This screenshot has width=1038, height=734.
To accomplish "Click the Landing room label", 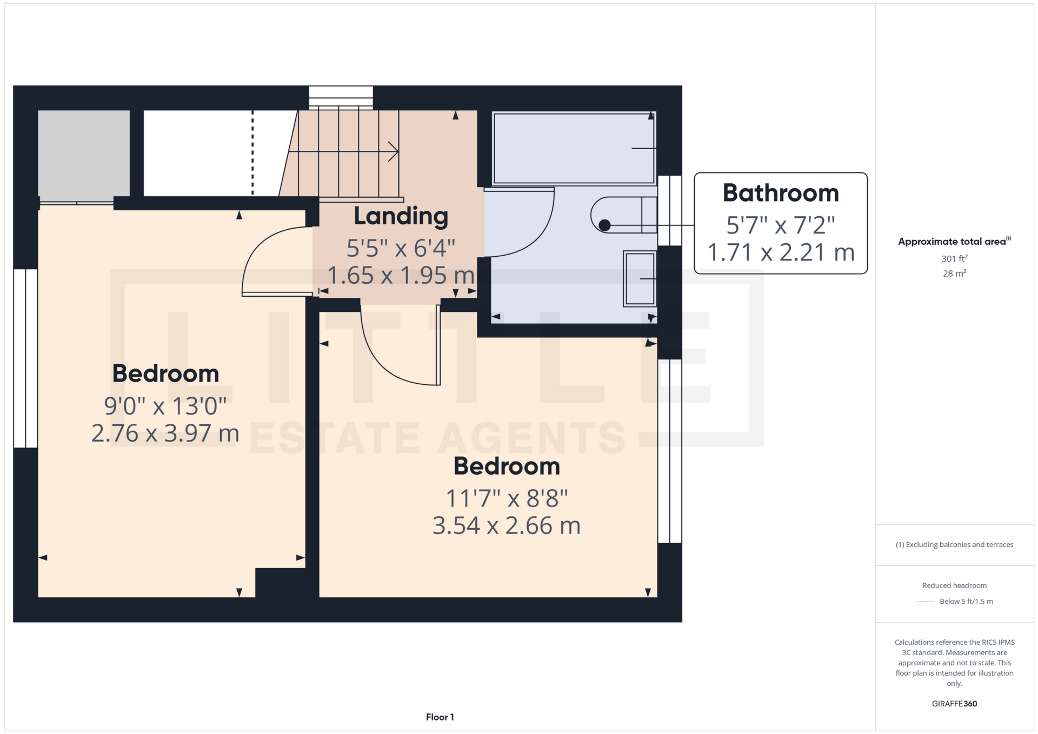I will point(401,216).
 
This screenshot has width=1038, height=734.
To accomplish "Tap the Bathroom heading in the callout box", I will point(780,193).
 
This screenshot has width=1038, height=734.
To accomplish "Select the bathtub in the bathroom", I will point(573,148).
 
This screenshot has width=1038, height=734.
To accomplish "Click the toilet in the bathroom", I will point(622,215).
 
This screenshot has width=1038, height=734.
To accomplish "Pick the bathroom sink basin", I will point(640,278).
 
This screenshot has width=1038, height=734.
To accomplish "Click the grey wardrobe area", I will point(84,154).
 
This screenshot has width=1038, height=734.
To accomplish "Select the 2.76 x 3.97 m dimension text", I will point(165,433).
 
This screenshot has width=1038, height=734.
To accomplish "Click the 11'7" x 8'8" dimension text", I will point(507,498).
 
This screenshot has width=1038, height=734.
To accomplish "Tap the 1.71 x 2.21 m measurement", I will point(780,252).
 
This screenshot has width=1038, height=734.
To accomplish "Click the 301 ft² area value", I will point(954,259).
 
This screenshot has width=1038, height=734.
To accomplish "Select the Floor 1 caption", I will point(440,717).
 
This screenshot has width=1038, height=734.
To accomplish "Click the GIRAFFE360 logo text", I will point(954,704).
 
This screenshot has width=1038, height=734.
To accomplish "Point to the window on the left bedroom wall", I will point(25,358).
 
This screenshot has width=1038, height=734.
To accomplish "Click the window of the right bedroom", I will point(669,451).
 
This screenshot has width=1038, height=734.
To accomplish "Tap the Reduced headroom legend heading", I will point(954,585).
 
